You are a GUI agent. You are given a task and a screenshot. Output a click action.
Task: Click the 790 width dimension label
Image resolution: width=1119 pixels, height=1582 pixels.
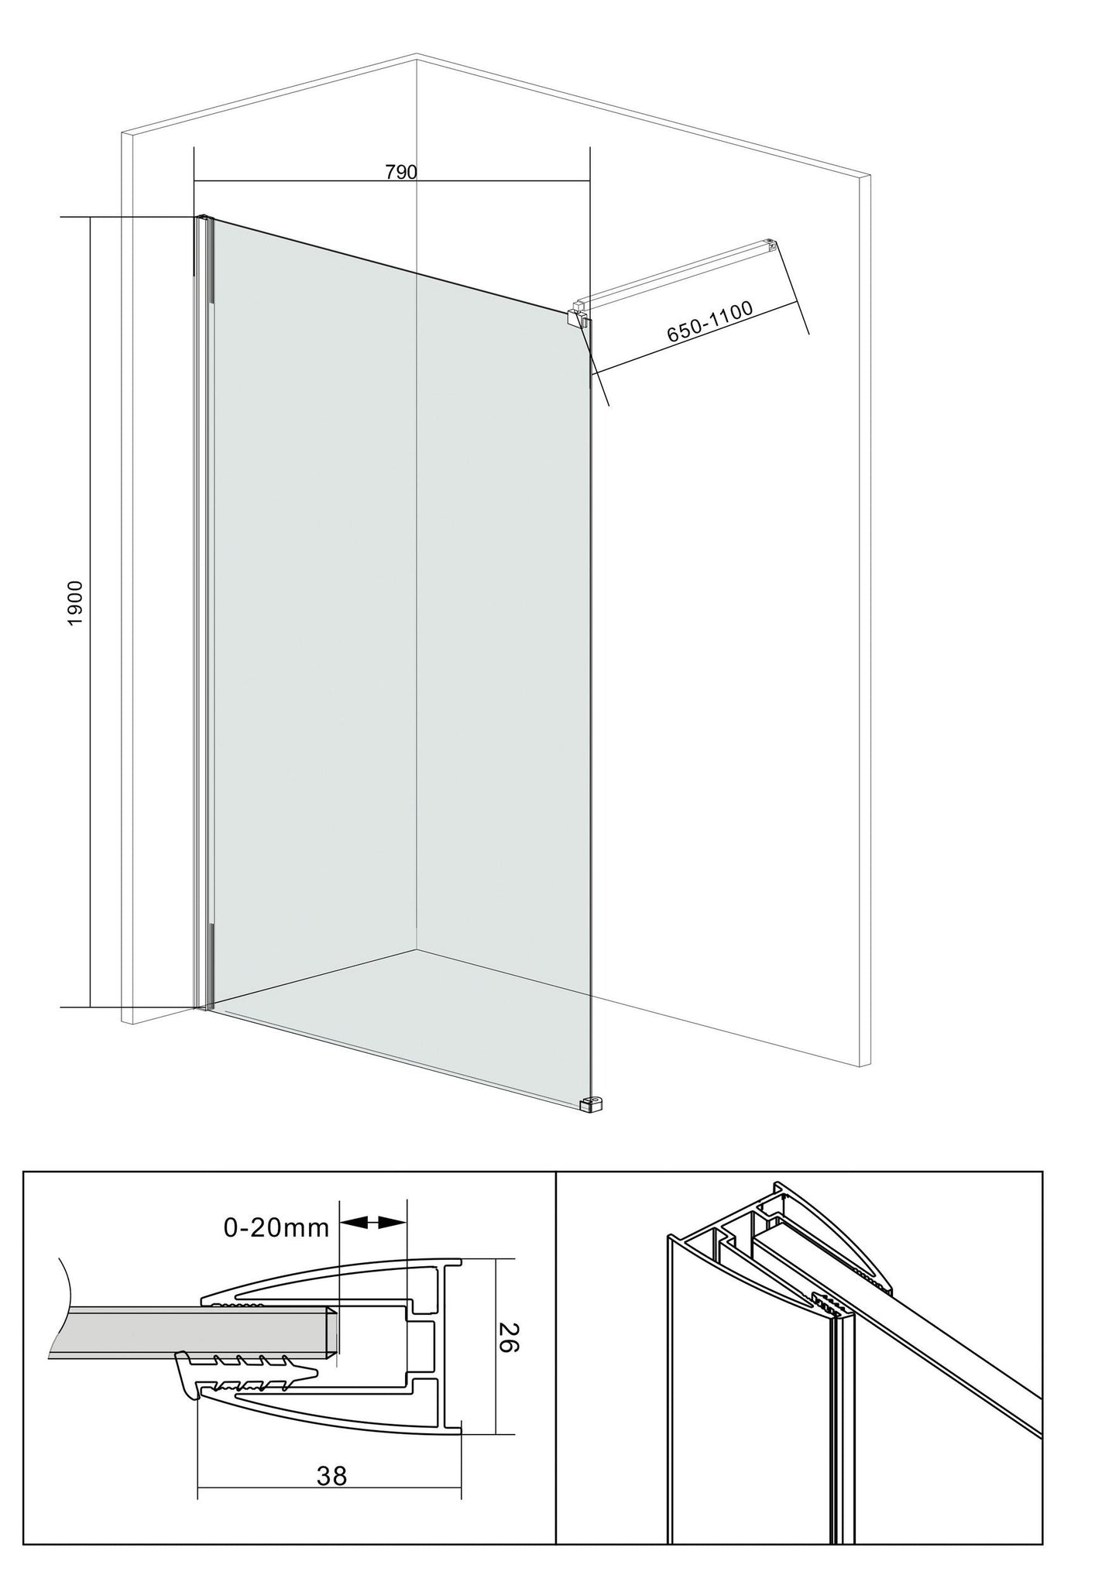pos(401,172)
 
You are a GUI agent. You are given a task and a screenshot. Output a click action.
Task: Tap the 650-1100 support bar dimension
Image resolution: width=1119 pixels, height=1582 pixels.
pos(709,321)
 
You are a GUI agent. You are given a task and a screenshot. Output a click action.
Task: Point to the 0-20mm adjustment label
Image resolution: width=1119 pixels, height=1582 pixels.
pos(276,1227)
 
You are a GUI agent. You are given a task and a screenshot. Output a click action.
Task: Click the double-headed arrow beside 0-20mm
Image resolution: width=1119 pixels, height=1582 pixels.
pos(373,1223)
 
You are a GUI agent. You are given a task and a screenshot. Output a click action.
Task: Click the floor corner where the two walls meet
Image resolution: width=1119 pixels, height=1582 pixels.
pos(417,949)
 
